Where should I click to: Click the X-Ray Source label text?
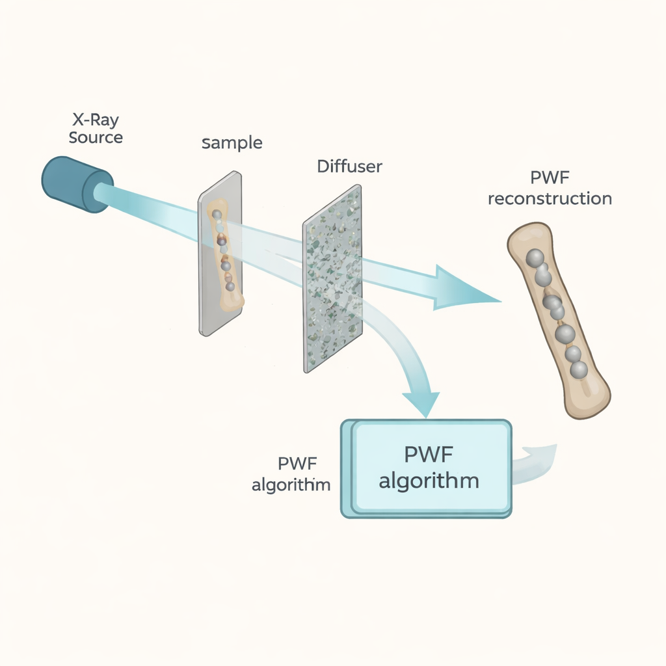pos(96,129)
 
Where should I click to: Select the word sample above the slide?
pos(232,143)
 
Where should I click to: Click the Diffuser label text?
pos(349,166)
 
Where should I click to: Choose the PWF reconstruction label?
pos(550,189)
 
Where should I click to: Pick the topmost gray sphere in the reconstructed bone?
pos(535,258)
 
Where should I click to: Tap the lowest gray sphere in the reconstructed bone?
pos(578,369)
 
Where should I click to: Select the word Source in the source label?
pos(96,137)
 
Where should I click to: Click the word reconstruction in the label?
pos(550,198)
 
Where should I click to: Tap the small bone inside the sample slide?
pos(225,254)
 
